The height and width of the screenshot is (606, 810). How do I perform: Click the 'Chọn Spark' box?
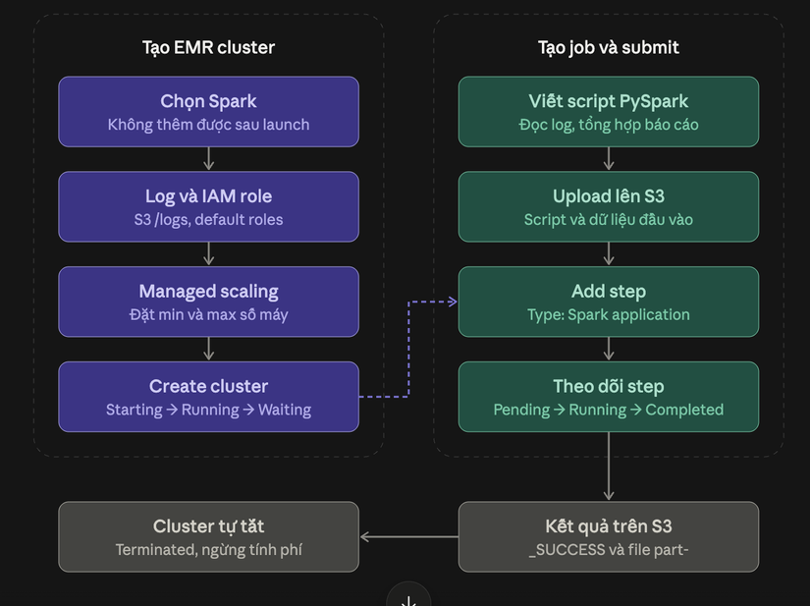(x=209, y=112)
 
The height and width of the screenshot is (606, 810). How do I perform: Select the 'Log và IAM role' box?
(x=209, y=206)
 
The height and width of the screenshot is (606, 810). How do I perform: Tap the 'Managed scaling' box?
(x=209, y=302)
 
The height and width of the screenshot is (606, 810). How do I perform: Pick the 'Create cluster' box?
(x=209, y=397)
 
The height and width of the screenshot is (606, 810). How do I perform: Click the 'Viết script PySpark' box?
(x=609, y=112)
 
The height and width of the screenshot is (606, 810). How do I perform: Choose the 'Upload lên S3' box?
(x=609, y=206)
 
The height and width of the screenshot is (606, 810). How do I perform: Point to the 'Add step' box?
(x=609, y=302)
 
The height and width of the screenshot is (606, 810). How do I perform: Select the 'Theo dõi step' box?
(x=609, y=397)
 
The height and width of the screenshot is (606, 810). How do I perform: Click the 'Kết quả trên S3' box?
(x=609, y=537)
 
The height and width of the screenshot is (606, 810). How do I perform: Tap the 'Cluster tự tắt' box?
(x=209, y=537)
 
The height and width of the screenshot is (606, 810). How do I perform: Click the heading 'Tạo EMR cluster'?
(x=209, y=47)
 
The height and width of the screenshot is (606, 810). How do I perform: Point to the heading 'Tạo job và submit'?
(x=609, y=47)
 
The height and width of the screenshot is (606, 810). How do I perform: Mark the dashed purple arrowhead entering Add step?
(x=453, y=302)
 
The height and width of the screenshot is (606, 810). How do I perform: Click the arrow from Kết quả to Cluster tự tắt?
(x=409, y=537)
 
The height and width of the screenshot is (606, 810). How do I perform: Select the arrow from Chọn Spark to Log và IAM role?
(x=209, y=159)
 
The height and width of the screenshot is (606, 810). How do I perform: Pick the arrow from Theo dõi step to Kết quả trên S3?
(x=609, y=467)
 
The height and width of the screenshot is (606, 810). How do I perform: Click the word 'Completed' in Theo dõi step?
(x=684, y=410)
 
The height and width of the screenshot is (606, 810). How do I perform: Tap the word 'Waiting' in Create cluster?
(x=285, y=410)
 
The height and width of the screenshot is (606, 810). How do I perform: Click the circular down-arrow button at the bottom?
(x=408, y=597)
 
